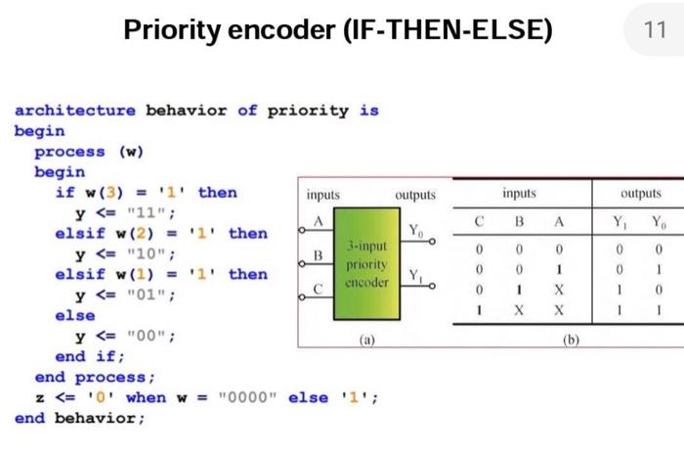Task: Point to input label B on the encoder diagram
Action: (318, 254)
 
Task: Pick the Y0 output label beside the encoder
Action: (415, 231)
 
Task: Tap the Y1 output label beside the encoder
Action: (415, 273)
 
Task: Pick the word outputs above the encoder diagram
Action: (415, 195)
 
